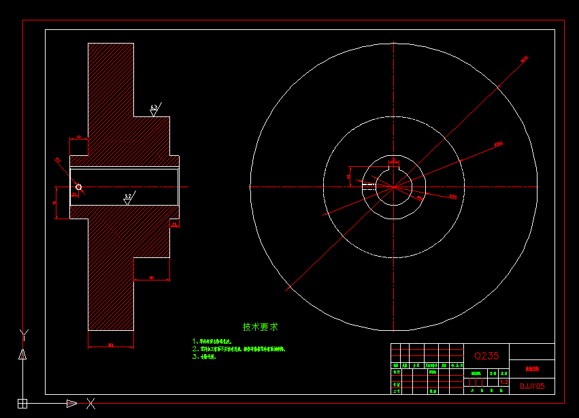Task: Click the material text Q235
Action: click(486, 355)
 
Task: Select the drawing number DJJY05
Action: click(532, 386)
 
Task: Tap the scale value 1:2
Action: click(503, 383)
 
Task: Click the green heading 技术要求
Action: click(260, 327)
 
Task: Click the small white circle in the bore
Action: click(79, 187)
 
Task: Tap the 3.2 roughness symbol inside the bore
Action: click(128, 197)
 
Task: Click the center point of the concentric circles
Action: click(394, 186)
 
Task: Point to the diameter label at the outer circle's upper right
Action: click(525, 59)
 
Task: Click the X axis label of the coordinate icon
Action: click(90, 404)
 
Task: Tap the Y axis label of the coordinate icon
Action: click(23, 333)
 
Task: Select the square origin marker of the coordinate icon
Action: click(22, 404)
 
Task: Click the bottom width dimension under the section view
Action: click(110, 346)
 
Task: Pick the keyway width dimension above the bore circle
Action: click(394, 160)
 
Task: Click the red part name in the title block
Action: click(531, 370)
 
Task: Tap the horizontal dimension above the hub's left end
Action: click(79, 138)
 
